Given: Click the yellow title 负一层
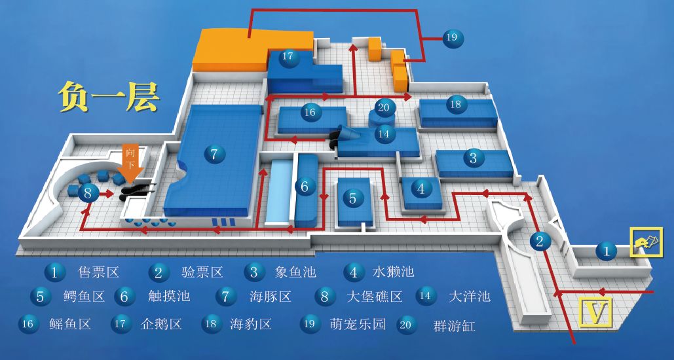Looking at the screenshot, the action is point(108,96).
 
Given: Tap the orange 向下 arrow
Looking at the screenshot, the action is point(130,160).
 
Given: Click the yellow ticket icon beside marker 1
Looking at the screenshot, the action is point(642,243).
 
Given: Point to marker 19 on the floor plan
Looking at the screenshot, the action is point(451,37).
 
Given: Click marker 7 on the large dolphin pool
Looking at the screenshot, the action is point(214,154).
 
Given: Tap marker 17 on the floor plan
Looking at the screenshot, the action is point(288,56).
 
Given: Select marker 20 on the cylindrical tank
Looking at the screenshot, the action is point(384,108).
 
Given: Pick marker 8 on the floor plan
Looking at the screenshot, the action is point(88,193).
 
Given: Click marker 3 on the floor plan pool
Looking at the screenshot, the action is point(473,158).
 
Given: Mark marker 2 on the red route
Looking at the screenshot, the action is point(540,242).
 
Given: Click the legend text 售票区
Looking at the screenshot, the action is point(98,271).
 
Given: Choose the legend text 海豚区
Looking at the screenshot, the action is point(271,297).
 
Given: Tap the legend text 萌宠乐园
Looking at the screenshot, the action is point(358,323).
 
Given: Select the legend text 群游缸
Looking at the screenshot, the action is point(454,325).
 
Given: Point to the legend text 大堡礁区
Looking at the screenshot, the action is point(374,297).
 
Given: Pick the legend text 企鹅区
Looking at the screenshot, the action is point(161,323).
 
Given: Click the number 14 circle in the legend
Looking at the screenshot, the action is point(426,296).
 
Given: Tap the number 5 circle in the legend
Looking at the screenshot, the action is point(40,297).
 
